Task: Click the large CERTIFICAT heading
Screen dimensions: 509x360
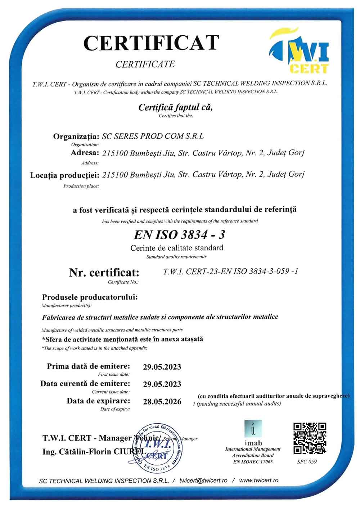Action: (151, 43)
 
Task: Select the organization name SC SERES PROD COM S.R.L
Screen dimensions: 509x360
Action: (153, 136)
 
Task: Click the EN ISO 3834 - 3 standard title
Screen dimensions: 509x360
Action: (179, 235)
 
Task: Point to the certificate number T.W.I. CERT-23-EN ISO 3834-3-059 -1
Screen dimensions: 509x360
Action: (230, 271)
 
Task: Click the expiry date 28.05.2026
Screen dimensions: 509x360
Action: (162, 401)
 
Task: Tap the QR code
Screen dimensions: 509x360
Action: (310, 438)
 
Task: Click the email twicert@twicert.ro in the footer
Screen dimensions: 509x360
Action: (203, 481)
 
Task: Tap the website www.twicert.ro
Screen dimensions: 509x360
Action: (259, 481)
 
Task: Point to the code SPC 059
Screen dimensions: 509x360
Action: (307, 462)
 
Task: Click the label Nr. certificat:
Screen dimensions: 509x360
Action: (104, 273)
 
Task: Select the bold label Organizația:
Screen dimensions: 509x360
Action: (76, 137)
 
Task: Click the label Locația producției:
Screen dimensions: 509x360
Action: (65, 175)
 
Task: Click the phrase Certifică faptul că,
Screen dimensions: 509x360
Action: (176, 107)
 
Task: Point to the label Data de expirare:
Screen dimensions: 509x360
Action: (98, 401)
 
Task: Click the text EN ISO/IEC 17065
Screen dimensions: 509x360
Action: (253, 461)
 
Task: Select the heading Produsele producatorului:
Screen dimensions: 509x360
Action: (90, 298)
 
